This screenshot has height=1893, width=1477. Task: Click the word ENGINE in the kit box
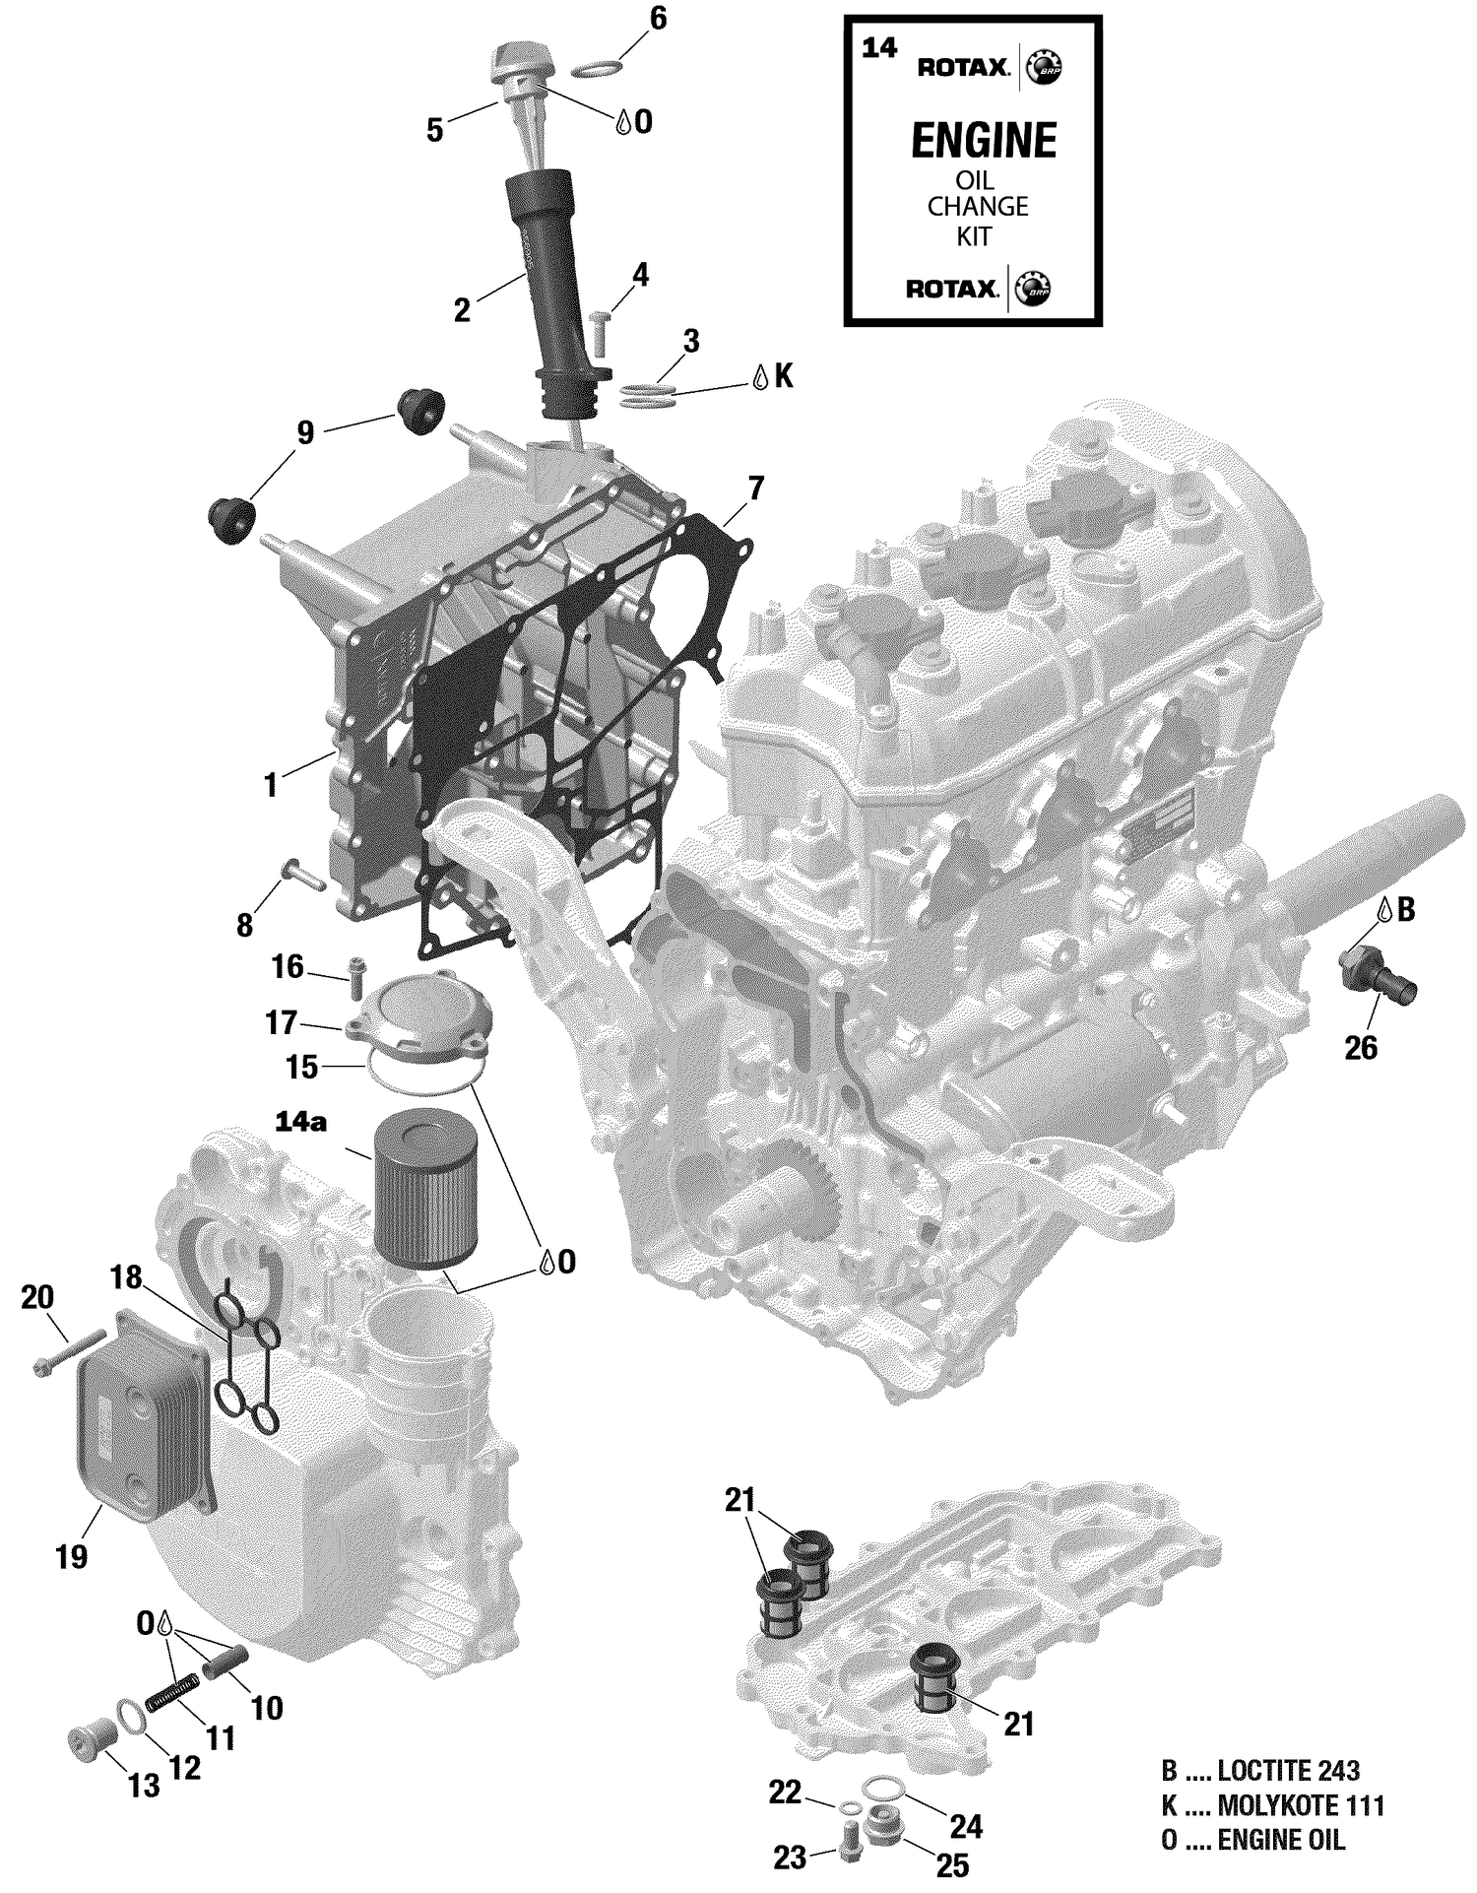tap(983, 141)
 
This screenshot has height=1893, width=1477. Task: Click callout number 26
tap(1361, 1048)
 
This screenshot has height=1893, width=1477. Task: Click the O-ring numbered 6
tap(597, 69)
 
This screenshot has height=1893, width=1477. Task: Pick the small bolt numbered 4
tap(601, 331)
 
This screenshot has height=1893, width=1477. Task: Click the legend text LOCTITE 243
tap(1288, 1771)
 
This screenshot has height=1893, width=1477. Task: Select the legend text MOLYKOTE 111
tap(1301, 1805)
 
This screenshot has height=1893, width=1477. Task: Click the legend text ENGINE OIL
tap(1280, 1840)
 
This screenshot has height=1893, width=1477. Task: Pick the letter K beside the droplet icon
tap(784, 376)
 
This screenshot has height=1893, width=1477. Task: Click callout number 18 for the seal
tap(126, 1278)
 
